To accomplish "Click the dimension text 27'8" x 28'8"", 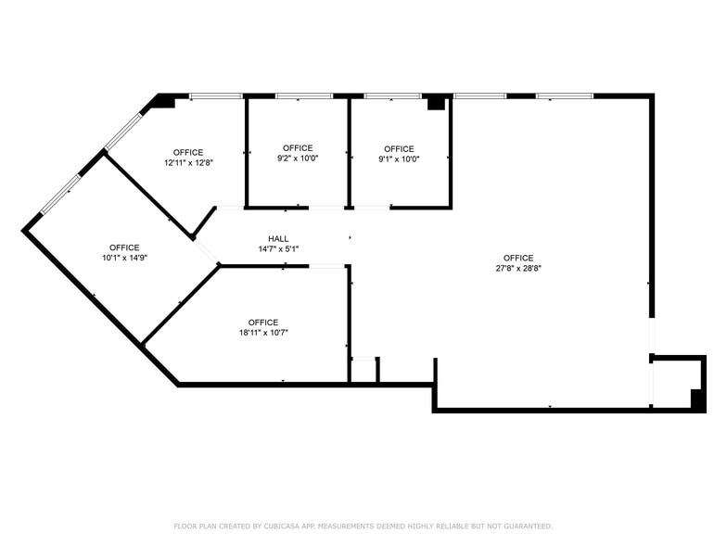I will click(518, 268).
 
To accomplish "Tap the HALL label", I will click(278, 238).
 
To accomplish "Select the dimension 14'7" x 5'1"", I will click(278, 248).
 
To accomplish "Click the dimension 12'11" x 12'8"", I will click(188, 162).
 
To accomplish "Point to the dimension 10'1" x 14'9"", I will click(124, 258).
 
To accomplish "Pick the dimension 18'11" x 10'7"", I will click(263, 333).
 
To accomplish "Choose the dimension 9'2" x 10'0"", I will click(298, 158).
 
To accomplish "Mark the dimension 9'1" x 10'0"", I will click(399, 158).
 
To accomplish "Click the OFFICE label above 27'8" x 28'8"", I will click(518, 258).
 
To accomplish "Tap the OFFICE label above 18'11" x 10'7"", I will click(263, 323).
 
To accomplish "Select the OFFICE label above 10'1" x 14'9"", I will click(124, 247).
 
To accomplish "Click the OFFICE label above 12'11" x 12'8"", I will click(188, 152).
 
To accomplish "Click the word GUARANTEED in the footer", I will click(523, 526).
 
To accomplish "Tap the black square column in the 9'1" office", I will click(436, 103).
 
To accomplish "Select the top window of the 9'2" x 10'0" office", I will click(303, 95).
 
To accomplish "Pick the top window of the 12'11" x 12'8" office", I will click(216, 95).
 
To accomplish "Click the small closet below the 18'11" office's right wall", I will click(363, 370).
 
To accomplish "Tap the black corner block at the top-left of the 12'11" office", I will click(165, 101).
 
